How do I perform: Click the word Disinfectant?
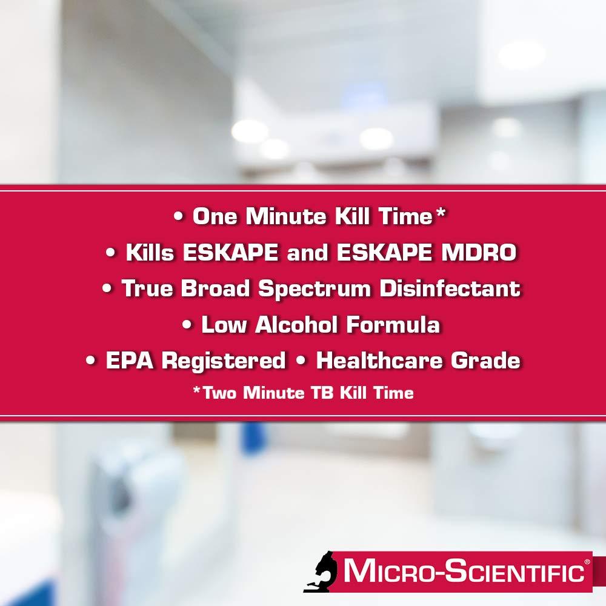click(x=450, y=289)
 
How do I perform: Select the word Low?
click(x=225, y=325)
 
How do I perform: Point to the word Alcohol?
click(x=297, y=325)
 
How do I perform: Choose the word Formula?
click(x=393, y=325)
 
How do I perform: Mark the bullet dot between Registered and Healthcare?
click(x=301, y=362)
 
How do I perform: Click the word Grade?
click(x=485, y=361)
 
